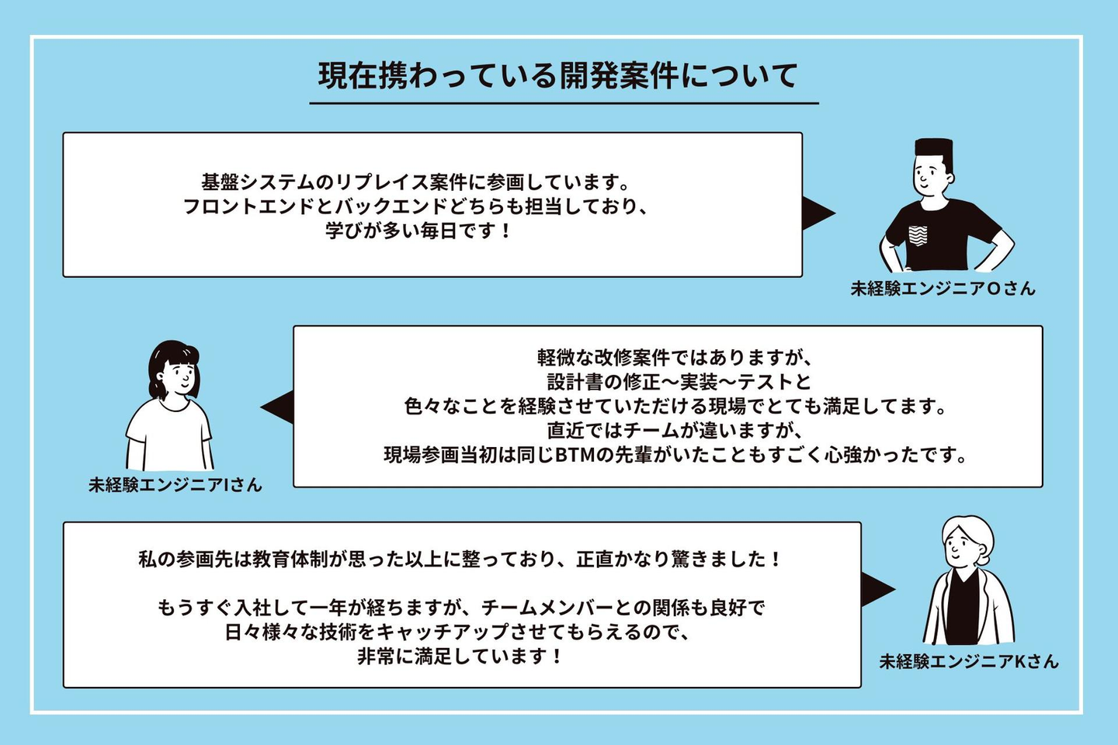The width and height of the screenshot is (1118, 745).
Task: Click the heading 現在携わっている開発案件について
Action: (557, 76)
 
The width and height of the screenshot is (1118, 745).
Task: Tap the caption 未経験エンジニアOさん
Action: (943, 289)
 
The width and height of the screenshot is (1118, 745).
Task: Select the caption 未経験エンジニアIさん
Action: (175, 485)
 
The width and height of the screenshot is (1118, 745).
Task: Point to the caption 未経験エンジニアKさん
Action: (968, 661)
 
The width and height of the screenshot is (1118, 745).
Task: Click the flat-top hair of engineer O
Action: (932, 147)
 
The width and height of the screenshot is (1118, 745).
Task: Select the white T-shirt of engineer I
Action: (168, 434)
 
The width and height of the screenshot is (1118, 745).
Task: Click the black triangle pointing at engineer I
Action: (279, 407)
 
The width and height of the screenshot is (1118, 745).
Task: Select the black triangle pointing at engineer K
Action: (877, 590)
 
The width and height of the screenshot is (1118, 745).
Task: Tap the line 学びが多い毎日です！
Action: (419, 230)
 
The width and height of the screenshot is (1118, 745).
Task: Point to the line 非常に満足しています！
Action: (460, 657)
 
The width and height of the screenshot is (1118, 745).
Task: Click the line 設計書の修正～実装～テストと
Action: (679, 382)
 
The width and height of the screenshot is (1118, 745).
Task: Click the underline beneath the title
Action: (564, 102)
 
